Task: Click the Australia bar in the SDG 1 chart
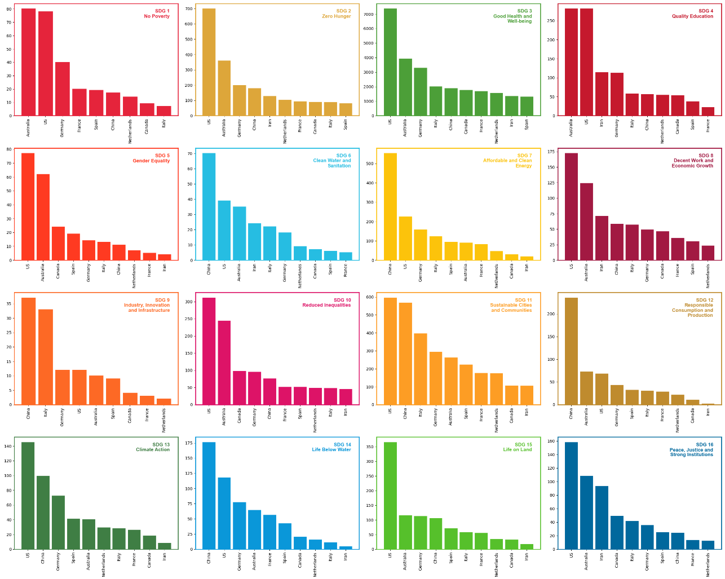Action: pos(28,62)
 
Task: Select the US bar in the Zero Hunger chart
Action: pos(209,62)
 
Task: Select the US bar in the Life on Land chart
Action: pos(390,496)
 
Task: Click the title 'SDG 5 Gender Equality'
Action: pos(151,158)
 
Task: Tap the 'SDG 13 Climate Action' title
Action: pos(153,447)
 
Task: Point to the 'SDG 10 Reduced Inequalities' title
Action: pos(326,303)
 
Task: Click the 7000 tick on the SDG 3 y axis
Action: pos(373,14)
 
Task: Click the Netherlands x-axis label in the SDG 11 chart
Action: pos(497,420)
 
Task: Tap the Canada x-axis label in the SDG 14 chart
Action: pos(300,561)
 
